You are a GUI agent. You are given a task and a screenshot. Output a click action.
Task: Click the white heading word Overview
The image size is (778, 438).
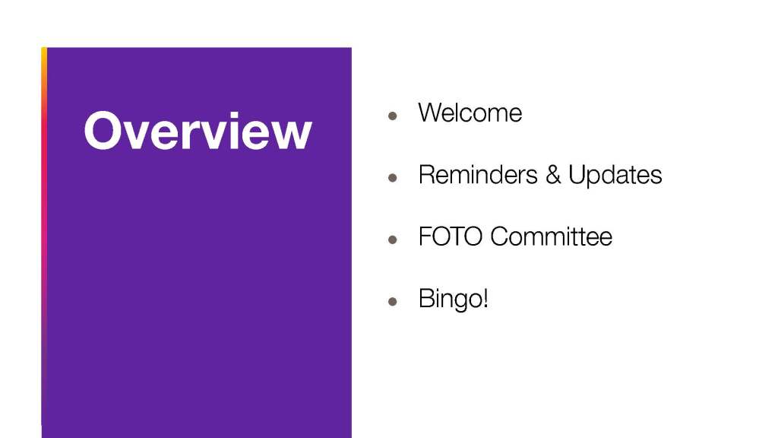(x=198, y=130)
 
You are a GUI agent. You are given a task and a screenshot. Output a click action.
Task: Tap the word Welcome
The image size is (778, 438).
(x=470, y=113)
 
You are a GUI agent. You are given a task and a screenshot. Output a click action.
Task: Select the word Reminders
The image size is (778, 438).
(x=478, y=174)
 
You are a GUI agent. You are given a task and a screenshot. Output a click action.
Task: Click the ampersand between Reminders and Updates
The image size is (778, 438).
(x=553, y=174)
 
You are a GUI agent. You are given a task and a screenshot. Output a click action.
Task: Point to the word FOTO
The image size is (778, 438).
(x=451, y=236)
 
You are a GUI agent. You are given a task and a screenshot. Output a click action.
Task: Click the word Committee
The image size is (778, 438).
(x=552, y=236)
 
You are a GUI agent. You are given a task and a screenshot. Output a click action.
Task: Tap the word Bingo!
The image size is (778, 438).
(x=454, y=300)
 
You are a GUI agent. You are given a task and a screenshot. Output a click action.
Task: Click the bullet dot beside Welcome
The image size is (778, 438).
(x=393, y=116)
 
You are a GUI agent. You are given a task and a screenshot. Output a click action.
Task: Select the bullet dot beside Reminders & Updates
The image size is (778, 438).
(x=393, y=177)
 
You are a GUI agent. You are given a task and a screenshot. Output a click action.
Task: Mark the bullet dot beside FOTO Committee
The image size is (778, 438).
(x=393, y=240)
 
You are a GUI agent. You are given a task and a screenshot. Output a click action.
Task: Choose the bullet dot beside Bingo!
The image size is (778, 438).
(x=393, y=301)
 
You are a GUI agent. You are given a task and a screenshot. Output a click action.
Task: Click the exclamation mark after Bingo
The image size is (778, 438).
(x=485, y=298)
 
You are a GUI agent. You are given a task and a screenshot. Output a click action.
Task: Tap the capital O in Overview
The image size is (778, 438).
(x=103, y=130)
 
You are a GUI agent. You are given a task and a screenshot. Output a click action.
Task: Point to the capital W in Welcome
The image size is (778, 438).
(x=432, y=113)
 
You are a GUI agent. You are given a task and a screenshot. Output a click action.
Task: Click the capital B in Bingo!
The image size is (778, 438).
(x=426, y=298)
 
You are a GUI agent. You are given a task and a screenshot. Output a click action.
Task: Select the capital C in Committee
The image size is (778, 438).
(x=500, y=236)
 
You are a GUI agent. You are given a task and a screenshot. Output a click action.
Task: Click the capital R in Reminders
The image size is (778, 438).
(x=427, y=174)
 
